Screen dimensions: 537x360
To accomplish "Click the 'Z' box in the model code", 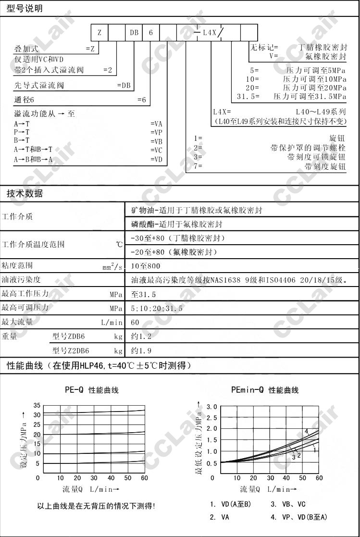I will (99, 32).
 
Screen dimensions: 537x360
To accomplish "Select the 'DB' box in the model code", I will (134, 32).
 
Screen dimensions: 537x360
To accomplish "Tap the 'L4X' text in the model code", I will (210, 32).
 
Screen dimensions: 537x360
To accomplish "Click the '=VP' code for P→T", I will (156, 132).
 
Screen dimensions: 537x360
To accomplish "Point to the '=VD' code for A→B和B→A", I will (156, 159).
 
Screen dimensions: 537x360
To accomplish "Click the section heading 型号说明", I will (24, 9).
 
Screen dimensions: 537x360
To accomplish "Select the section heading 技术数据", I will (24, 194).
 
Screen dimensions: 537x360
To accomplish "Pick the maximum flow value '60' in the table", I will (135, 322).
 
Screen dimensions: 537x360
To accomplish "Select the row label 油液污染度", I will (21, 280).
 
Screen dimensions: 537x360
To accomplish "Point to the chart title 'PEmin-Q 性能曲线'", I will (265, 390).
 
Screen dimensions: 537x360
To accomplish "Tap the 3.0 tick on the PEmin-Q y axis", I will (212, 407).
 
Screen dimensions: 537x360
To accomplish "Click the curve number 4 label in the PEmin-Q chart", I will (306, 431).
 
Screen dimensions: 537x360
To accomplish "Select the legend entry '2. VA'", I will (219, 517).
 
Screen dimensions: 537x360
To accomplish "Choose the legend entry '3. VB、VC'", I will (287, 504).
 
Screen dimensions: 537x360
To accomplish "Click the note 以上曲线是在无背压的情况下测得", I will (96, 506).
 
